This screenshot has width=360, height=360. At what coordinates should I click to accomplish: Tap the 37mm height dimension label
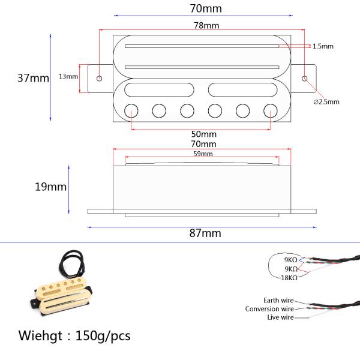coord(33,79)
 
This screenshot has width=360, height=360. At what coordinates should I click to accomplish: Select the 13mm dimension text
coord(68,76)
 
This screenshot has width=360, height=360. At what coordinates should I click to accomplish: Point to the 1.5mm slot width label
coord(323,46)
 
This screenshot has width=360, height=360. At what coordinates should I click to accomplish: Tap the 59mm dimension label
coord(203,154)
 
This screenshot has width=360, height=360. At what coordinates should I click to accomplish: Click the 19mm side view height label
coord(50,187)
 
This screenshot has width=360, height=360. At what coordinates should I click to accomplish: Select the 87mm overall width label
coord(205,233)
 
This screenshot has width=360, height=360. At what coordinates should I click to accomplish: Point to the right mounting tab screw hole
coord(305,79)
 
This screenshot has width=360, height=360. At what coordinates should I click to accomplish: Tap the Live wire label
coord(280,317)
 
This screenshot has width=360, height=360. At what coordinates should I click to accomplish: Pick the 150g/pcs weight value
coord(103,334)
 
